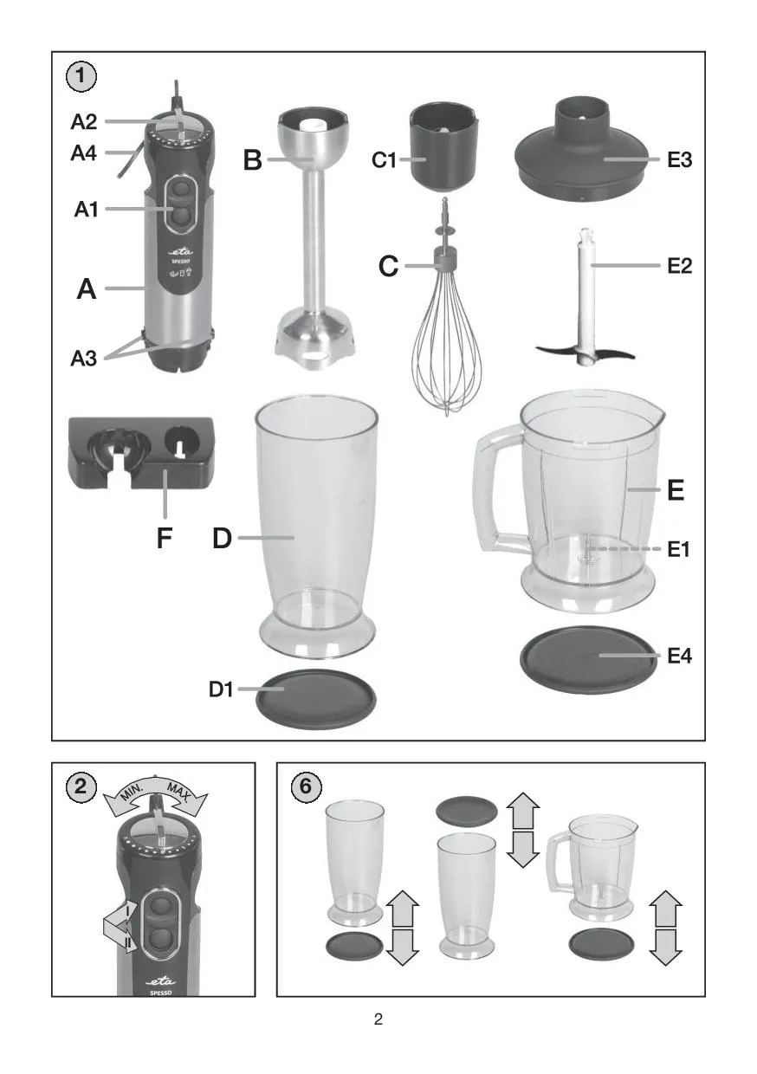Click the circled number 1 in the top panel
(x=81, y=76)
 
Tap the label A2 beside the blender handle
(x=83, y=122)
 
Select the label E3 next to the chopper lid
(x=679, y=159)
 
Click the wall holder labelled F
(x=140, y=453)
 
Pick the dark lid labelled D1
(x=315, y=698)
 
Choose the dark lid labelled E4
(x=588, y=659)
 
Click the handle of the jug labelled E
(x=497, y=491)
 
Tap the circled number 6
(x=306, y=786)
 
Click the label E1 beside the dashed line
(x=678, y=549)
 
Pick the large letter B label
(x=253, y=159)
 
